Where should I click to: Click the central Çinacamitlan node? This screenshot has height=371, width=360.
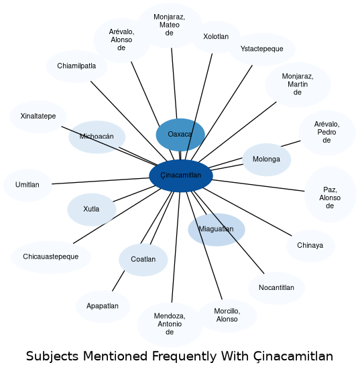click(x=181, y=175)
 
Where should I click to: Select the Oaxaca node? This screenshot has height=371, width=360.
click(x=180, y=135)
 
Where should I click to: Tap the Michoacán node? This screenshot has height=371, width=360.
click(x=97, y=137)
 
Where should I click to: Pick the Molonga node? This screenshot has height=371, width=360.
click(x=266, y=159)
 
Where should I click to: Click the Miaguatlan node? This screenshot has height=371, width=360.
click(x=217, y=230)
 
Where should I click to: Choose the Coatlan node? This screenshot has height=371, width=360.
click(x=143, y=260)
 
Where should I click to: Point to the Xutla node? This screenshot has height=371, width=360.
click(x=92, y=210)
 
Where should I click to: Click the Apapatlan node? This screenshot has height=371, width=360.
click(x=103, y=307)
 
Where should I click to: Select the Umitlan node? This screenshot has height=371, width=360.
click(x=27, y=185)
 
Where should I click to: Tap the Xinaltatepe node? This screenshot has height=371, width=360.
click(x=38, y=117)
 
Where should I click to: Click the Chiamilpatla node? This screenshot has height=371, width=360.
click(x=76, y=66)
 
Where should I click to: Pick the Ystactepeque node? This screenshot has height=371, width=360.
click(x=262, y=49)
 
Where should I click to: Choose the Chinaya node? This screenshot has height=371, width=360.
click(x=310, y=246)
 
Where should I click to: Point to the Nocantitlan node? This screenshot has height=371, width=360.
click(x=276, y=288)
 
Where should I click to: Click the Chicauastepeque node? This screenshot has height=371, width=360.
click(x=51, y=257)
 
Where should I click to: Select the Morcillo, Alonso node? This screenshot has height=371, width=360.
click(x=227, y=315)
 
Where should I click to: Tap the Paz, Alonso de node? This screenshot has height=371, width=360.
click(x=330, y=194)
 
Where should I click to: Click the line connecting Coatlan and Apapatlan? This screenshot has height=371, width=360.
click(x=118, y=281)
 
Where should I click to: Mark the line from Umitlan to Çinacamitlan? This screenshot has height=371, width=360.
click(x=101, y=181)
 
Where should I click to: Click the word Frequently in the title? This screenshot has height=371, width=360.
click(x=184, y=356)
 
